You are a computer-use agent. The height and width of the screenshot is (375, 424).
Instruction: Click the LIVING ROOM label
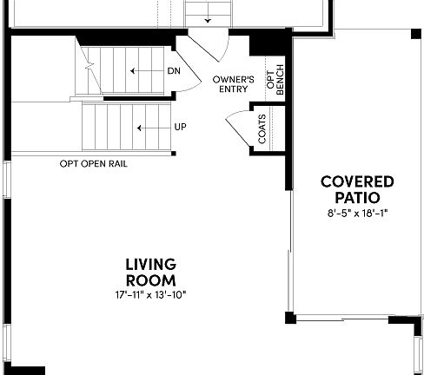click(x=150, y=272)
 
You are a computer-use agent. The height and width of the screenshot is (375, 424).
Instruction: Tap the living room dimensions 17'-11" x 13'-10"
click(x=150, y=294)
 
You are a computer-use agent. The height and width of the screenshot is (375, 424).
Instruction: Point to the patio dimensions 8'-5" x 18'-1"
click(x=356, y=212)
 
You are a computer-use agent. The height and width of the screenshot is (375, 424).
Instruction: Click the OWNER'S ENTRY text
click(x=233, y=84)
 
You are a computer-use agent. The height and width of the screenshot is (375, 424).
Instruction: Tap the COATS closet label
click(x=261, y=130)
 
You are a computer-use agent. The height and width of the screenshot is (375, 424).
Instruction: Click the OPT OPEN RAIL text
click(x=94, y=163)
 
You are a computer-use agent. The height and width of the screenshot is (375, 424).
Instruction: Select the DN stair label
click(x=174, y=71)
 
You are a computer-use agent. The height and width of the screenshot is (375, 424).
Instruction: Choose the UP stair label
click(x=180, y=127)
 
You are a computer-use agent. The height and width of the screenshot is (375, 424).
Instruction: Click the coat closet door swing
click(x=235, y=130)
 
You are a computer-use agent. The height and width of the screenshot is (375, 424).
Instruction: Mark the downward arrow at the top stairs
click(x=207, y=18)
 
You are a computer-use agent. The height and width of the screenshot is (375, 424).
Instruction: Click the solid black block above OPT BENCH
click(x=261, y=44)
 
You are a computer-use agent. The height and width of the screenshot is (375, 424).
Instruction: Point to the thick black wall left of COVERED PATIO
click(x=289, y=113)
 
